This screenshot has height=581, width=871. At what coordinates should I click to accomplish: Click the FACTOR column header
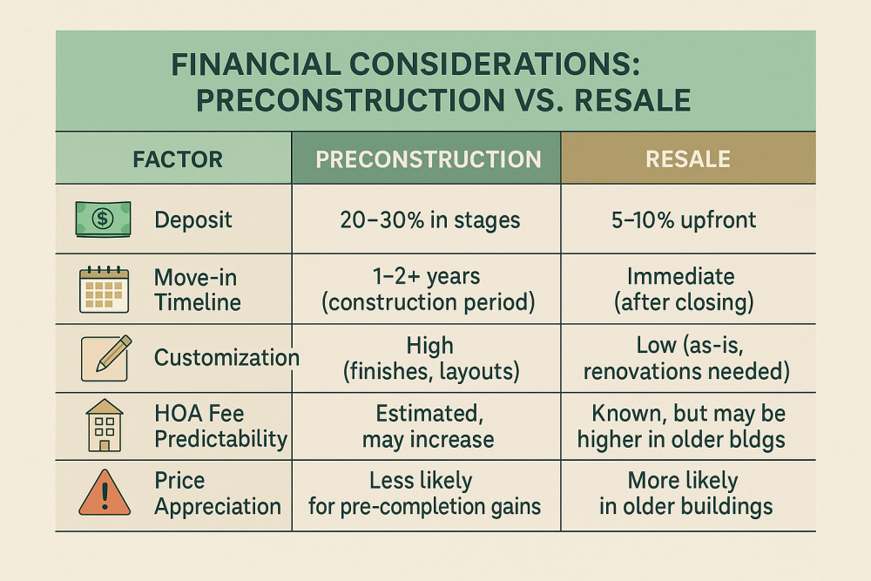(178, 159)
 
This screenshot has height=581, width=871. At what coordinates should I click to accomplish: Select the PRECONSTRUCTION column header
(428, 159)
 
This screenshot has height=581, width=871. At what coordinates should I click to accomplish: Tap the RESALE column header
(687, 159)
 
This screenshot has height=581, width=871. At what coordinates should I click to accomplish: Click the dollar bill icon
(103, 219)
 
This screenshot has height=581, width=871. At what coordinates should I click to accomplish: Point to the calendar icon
(104, 289)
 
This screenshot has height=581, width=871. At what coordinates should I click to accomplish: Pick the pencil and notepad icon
(105, 358)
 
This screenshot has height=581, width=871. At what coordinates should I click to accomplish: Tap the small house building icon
(105, 426)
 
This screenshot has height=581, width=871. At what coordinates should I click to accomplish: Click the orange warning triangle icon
(105, 494)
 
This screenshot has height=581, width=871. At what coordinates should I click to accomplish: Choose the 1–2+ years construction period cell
(427, 288)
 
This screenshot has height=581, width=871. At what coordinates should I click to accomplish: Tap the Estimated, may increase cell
(428, 426)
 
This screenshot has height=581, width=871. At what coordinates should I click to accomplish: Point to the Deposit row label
(193, 220)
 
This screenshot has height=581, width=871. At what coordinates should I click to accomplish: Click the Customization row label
(226, 357)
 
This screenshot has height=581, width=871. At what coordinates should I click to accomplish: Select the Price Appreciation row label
(217, 494)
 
